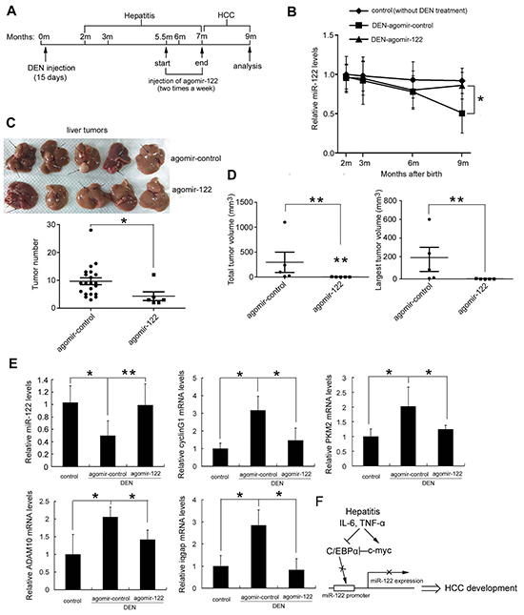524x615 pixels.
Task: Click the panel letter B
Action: click(292, 11)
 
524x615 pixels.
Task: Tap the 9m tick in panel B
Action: click(463, 163)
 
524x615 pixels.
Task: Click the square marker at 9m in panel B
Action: click(462, 113)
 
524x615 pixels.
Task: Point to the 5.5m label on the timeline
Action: click(164, 37)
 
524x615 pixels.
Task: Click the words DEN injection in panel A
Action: click(51, 68)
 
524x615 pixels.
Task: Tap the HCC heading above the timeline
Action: click(226, 15)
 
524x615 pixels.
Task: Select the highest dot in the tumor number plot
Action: click(91, 230)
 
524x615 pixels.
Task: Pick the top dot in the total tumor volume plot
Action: click(285, 222)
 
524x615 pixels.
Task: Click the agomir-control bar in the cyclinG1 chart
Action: click(257, 439)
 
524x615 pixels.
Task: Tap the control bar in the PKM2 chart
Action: click(371, 451)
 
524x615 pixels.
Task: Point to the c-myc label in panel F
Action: click(379, 551)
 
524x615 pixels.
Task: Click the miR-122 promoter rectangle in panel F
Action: click(344, 588)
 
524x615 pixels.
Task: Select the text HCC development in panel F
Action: click(480, 588)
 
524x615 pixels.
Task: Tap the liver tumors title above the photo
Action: click(87, 130)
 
